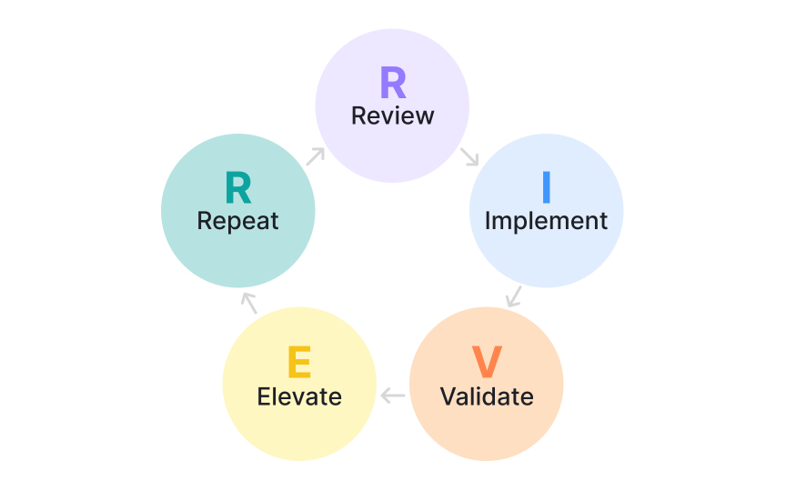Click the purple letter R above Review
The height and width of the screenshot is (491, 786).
point(392,84)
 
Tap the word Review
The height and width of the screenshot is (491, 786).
point(392,116)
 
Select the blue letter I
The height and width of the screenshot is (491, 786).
point(546,186)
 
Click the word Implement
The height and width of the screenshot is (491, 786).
point(546,220)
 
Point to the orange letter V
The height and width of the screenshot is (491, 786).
point(487,363)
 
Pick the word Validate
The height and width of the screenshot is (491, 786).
point(487,396)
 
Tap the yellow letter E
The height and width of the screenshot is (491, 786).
point(299,363)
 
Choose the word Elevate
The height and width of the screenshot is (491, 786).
point(299,396)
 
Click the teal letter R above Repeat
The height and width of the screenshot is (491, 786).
point(237,188)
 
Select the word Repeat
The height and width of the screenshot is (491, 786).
point(237,221)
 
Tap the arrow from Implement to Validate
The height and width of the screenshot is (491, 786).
point(514,296)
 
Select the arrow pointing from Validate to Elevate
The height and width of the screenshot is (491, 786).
point(393,396)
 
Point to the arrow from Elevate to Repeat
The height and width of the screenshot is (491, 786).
point(248,303)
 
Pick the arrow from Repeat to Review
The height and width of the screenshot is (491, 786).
point(315,155)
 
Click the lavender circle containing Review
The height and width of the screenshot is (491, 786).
point(392,145)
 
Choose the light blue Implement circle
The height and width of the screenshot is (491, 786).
point(546,250)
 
